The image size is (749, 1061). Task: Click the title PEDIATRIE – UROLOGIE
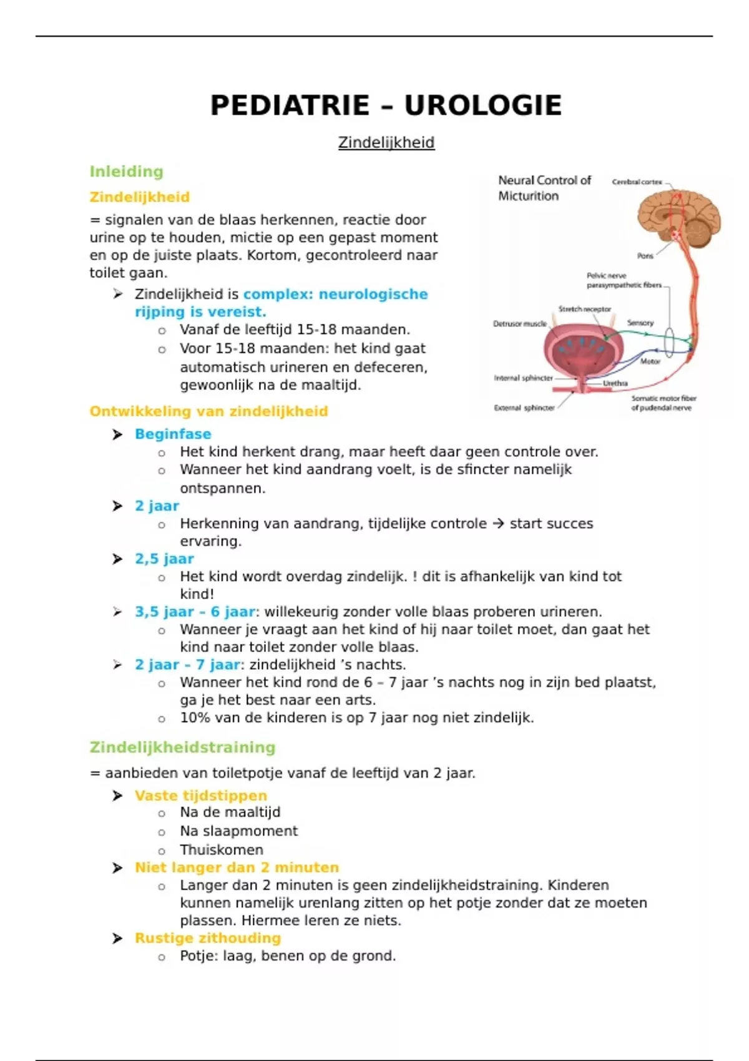point(386,105)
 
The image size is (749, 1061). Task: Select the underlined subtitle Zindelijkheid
point(386,142)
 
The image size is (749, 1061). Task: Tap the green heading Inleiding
point(126,172)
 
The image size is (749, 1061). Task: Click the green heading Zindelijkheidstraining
point(182,747)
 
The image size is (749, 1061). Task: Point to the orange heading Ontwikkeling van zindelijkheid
point(208,411)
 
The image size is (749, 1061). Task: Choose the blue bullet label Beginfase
point(173,434)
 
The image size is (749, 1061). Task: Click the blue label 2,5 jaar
point(164,559)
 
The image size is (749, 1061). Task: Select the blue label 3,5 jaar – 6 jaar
point(195,612)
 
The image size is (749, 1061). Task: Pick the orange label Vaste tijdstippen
point(200,795)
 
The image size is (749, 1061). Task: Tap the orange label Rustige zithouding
point(207,938)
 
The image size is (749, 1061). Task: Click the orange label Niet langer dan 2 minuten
point(237,868)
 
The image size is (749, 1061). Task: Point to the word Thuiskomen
point(222,849)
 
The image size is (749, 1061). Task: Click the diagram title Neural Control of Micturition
point(544,188)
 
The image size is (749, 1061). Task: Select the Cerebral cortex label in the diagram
point(637,182)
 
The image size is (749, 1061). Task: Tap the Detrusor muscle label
point(519,323)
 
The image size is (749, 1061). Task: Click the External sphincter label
point(524,408)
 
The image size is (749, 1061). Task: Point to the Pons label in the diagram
point(645,256)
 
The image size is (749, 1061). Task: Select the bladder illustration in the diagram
point(577,353)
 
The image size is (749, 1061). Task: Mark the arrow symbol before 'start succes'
point(497,524)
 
